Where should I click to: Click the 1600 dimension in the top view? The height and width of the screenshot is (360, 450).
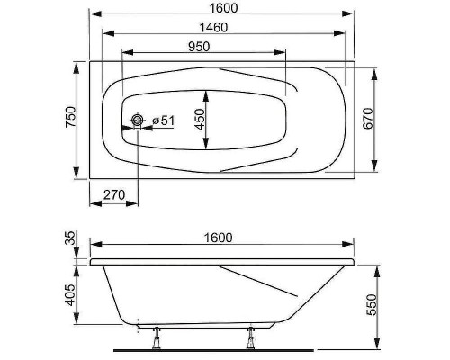(223, 7)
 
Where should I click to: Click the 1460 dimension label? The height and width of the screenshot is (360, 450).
(214, 27)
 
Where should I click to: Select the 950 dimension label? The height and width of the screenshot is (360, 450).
(199, 47)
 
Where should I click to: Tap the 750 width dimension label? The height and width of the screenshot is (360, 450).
(70, 117)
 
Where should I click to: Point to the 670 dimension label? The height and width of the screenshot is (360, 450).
(368, 119)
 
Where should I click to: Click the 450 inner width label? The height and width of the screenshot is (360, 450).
(200, 120)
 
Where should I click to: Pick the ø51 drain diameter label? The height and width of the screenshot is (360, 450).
(164, 121)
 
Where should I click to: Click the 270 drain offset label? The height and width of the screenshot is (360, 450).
(114, 195)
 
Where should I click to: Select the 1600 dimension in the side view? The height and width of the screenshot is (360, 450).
(218, 238)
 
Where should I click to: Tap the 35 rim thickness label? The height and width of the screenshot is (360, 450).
(71, 238)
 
